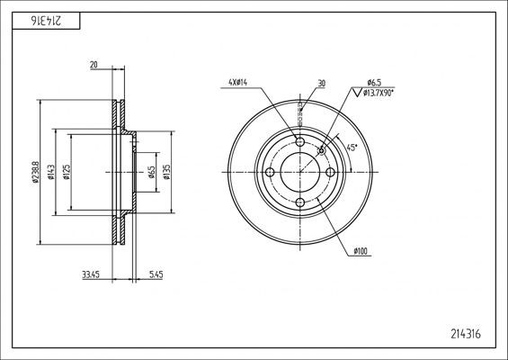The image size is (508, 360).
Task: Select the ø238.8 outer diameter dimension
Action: pyautogui.click(x=36, y=171)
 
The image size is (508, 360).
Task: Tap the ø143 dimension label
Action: pyautogui.click(x=53, y=171)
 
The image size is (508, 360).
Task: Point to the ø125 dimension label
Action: pyautogui.click(x=68, y=171)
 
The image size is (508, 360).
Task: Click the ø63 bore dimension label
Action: pyautogui.click(x=153, y=171)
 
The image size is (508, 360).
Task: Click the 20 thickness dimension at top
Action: pyautogui.click(x=94, y=65)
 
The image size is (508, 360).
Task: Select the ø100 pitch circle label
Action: pyautogui.click(x=362, y=250)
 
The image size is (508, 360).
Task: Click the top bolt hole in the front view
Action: pyautogui.click(x=299, y=142)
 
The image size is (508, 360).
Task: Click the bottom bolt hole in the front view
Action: pyautogui.click(x=299, y=202)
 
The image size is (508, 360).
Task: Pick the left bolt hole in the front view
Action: pyautogui.click(x=270, y=172)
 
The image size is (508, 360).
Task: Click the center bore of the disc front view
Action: pyautogui.click(x=299, y=172)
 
